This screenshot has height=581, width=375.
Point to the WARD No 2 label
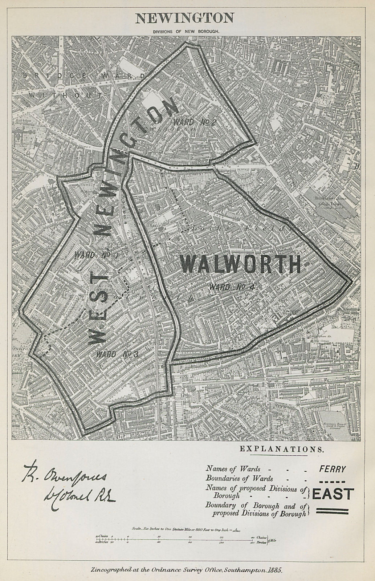point(195,122)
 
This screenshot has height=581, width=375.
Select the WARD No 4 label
point(233,287)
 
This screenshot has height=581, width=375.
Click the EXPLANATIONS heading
point(281,449)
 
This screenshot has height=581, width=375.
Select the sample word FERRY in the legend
point(332,469)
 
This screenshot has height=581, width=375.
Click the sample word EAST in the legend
point(333,494)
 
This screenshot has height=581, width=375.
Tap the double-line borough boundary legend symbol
point(332,511)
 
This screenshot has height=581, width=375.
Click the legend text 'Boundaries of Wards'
point(240,479)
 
